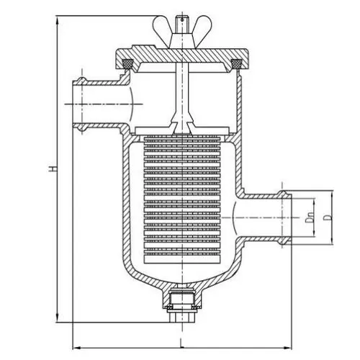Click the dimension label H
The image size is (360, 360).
click(x=53, y=168)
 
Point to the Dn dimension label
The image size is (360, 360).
click(x=310, y=217)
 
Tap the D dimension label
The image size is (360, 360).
click(x=328, y=217)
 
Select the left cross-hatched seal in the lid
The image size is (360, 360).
click(x=128, y=63)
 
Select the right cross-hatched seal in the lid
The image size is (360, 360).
click(x=236, y=63)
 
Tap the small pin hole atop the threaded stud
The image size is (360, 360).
click(x=182, y=19)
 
